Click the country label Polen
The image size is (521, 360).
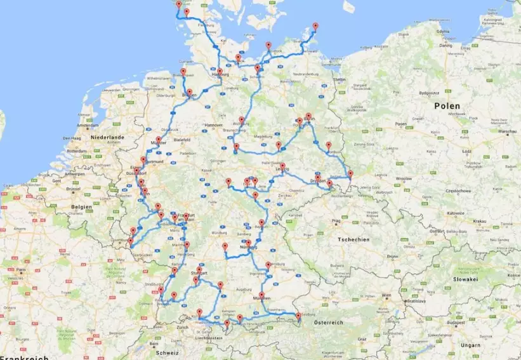tap(448, 105)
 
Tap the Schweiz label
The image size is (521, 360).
tap(168, 352)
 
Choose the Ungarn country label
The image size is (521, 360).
tap(470, 345)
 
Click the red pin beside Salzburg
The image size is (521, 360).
tap(298, 316)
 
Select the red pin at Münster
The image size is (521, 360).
tap(159, 140)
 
